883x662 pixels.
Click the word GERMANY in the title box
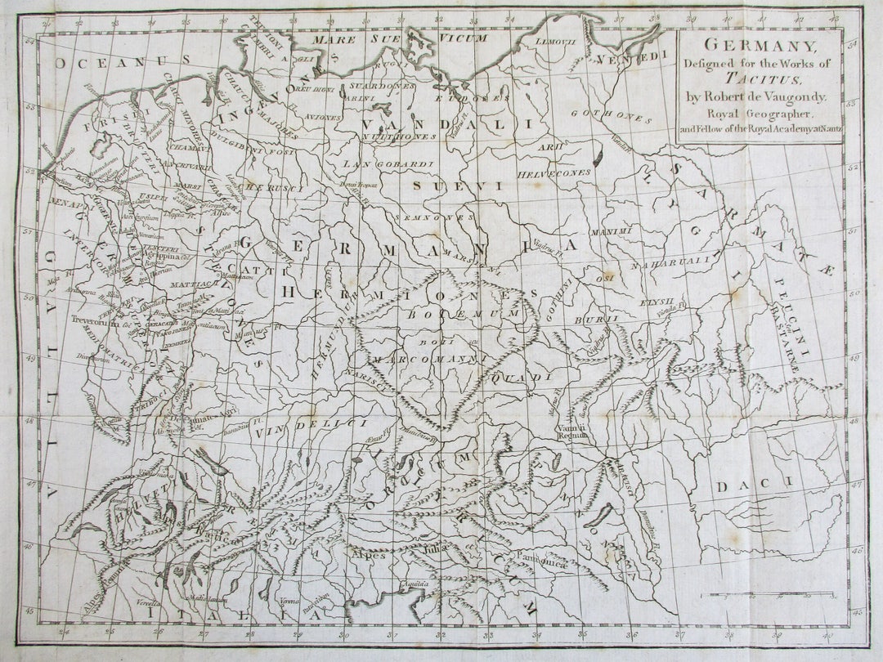point(761,46)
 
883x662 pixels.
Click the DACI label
point(755,485)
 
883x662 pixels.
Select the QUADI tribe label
point(522,378)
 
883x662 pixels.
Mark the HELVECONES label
point(554,173)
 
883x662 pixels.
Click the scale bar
point(769,594)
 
